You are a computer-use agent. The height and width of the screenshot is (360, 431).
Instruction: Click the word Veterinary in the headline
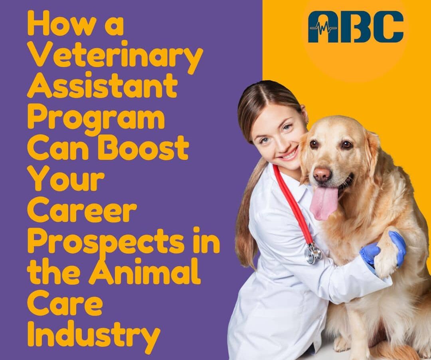pos(115,57)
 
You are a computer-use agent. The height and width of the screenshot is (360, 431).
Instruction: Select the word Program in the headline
pos(96,118)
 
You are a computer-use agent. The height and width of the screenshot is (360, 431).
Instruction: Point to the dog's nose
pos(322,173)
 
